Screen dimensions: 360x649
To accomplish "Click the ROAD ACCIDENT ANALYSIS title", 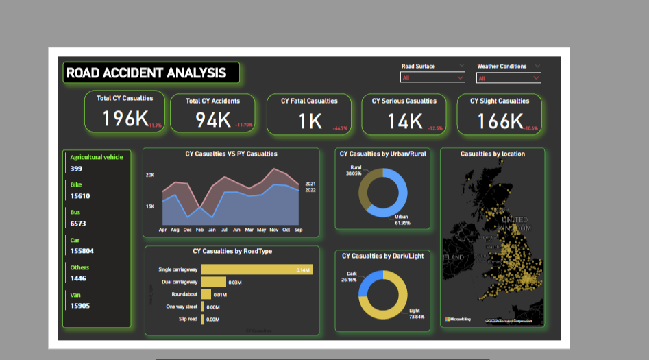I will point(146,73).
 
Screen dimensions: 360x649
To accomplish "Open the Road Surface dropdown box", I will point(432,78).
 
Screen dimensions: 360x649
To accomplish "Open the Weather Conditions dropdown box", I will point(509,78).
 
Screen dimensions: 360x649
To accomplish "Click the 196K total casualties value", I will point(125,119).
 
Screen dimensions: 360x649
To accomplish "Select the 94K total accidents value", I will point(213,120).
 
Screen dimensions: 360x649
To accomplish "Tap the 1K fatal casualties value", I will point(310,121).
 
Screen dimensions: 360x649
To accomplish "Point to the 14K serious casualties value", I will point(405,121).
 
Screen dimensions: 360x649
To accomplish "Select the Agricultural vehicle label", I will point(97,158).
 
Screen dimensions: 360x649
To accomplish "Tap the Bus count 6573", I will point(79,224).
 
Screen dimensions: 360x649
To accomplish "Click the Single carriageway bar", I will point(257,269).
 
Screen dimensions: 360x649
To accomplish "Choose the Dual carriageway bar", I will point(213,282).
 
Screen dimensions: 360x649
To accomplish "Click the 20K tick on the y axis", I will point(150,176).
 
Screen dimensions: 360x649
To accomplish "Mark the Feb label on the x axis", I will point(199,229).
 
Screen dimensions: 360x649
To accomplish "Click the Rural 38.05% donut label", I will point(355,171).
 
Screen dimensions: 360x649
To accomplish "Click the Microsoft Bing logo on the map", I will point(458,320).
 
